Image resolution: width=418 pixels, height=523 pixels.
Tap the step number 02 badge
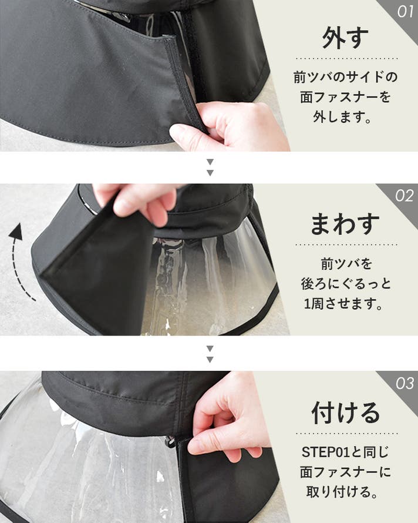tap(404, 196)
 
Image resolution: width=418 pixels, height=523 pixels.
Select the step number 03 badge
tap(404, 383)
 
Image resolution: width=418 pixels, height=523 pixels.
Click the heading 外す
tap(345, 38)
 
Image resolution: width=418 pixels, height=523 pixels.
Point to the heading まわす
tap(345, 223)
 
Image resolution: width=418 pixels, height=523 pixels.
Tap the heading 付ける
tap(346, 413)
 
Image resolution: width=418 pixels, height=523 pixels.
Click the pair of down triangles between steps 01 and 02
tap(210, 167)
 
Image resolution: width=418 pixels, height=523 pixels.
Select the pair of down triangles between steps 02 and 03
tap(210, 354)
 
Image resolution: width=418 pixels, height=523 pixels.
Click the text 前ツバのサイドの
tap(346, 77)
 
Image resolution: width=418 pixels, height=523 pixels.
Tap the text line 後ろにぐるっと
tap(346, 283)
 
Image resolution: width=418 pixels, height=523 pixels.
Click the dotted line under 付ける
tap(346, 434)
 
